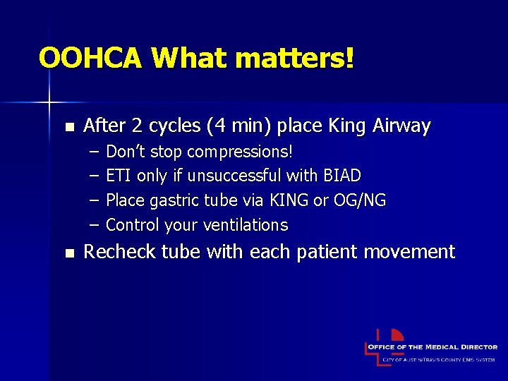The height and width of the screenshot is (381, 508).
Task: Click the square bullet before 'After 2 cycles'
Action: [x=68, y=127]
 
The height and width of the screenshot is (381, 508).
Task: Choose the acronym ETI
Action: [x=119, y=176]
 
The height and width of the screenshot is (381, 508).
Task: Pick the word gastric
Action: [x=176, y=200]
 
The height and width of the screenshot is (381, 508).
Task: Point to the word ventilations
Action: [x=245, y=225]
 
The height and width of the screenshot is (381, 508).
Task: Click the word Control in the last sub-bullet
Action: [x=132, y=225]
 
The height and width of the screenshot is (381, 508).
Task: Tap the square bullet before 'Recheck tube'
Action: [x=68, y=253]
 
